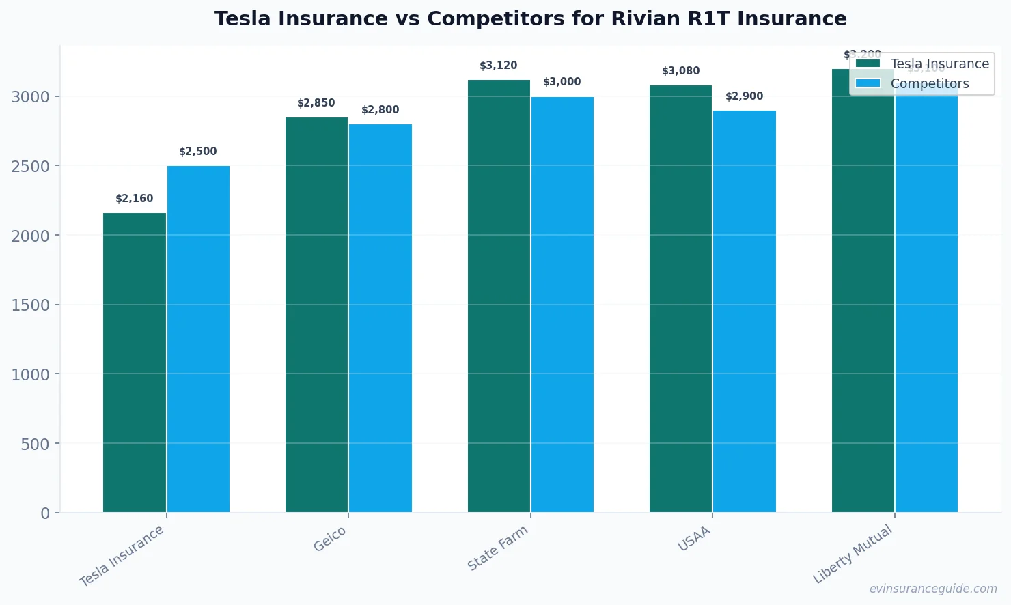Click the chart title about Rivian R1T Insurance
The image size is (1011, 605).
pyautogui.click(x=530, y=18)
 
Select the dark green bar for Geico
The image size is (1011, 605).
pyautogui.click(x=316, y=314)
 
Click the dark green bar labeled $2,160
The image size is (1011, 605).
pyautogui.click(x=134, y=362)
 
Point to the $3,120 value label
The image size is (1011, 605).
pyautogui.click(x=498, y=66)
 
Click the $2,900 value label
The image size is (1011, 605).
pyautogui.click(x=744, y=96)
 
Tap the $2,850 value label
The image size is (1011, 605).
pyautogui.click(x=316, y=103)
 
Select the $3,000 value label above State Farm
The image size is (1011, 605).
pyautogui.click(x=562, y=82)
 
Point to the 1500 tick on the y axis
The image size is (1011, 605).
pyautogui.click(x=30, y=305)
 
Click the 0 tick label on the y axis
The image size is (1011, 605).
pyautogui.click(x=45, y=513)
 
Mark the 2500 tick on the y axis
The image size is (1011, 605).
pyautogui.click(x=30, y=167)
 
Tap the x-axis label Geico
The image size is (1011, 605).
pyautogui.click(x=330, y=539)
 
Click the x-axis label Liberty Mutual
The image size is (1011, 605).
pyautogui.click(x=852, y=554)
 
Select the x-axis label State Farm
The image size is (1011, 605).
pyautogui.click(x=497, y=548)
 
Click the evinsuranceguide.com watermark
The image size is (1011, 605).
pyautogui.click(x=932, y=589)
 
